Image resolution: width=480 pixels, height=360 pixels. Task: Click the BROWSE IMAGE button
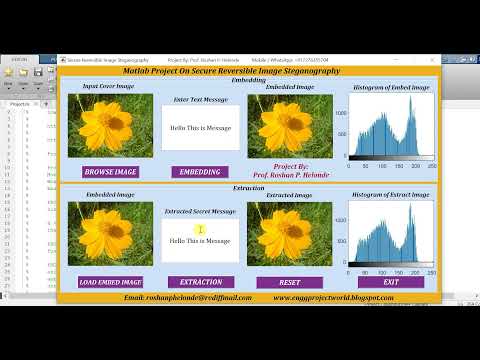point(110,172)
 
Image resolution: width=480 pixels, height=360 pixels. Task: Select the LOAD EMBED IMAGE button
point(110,282)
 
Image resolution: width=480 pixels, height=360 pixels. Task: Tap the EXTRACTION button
point(201,282)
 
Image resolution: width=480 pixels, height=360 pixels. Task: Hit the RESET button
point(290,283)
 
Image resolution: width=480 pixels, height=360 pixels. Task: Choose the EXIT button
point(391,283)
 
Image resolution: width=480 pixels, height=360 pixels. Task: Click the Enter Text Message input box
point(201,128)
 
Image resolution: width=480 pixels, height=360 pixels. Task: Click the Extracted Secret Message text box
point(201,241)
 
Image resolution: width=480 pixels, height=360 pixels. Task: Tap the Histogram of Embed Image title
point(391,88)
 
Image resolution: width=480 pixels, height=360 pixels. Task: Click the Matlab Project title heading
point(231,71)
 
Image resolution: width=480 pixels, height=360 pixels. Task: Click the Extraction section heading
point(248,188)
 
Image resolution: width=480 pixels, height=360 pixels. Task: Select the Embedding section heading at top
point(248,79)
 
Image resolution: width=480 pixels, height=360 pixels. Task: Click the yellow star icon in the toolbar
point(9,72)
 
